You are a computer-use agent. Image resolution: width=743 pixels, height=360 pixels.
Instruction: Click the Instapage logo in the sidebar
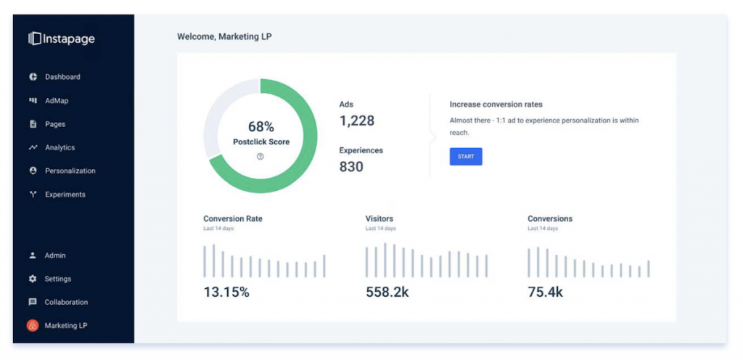62,38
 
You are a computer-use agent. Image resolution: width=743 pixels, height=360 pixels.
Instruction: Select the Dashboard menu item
62,77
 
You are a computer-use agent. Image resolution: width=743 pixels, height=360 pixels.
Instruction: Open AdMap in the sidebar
57,101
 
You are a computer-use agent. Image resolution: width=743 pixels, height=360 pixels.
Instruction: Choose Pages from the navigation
55,124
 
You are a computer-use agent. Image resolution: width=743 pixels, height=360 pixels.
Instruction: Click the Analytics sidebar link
59,147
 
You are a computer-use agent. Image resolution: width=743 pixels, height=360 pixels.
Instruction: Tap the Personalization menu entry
70,171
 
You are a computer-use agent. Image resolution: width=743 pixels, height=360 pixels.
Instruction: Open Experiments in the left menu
65,195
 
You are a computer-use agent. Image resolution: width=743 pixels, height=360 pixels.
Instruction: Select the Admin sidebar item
55,255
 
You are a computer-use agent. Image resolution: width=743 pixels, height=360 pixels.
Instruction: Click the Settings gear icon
33,279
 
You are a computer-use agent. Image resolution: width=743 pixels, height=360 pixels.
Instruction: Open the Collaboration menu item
66,302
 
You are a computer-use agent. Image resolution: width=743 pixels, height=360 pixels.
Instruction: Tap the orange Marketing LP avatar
33,326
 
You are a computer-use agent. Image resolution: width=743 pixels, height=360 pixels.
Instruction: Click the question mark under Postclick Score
260,156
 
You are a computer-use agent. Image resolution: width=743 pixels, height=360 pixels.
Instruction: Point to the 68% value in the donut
261,127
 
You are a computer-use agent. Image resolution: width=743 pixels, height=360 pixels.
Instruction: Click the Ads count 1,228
357,121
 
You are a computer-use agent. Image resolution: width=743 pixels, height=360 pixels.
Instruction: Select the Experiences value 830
352,166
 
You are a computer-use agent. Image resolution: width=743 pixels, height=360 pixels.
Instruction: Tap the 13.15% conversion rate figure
226,292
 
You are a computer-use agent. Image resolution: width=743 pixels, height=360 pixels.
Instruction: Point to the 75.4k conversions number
546,292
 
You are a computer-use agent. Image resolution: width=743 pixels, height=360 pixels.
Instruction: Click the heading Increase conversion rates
496,105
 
